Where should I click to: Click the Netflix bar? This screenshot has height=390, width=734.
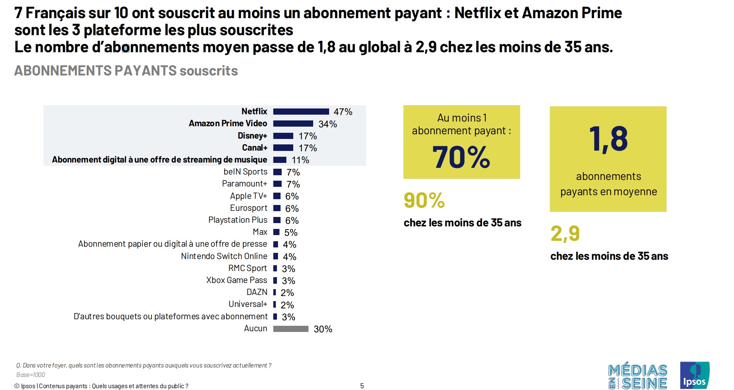tap(301, 111)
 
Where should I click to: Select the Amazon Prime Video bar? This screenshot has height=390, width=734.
tap(293, 124)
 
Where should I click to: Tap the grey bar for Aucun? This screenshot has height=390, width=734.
tap(291, 329)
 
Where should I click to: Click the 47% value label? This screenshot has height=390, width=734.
tap(343, 112)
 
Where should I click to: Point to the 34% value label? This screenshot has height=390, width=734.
tap(328, 124)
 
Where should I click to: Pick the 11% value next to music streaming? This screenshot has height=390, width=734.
tap(300, 160)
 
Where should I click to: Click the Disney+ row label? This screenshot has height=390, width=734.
tap(252, 136)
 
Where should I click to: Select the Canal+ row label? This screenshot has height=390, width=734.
tap(254, 148)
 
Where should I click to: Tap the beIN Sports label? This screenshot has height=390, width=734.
tap(245, 172)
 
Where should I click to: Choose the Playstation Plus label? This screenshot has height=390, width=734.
tap(238, 220)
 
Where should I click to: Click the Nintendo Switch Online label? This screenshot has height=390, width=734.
tap(224, 256)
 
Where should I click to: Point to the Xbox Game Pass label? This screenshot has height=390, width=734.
tap(236, 280)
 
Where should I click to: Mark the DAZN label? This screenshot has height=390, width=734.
tap(257, 292)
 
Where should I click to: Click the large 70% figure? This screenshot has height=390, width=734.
tap(461, 157)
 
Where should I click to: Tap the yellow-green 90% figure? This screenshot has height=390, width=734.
tap(424, 200)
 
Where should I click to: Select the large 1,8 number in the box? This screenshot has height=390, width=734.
tap(608, 139)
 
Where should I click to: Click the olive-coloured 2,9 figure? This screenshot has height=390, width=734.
tap(565, 233)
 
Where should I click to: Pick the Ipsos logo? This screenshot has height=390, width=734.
tap(694, 375)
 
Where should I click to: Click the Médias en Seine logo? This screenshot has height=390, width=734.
tap(638, 377)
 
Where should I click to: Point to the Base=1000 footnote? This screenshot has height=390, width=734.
tap(31, 375)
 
